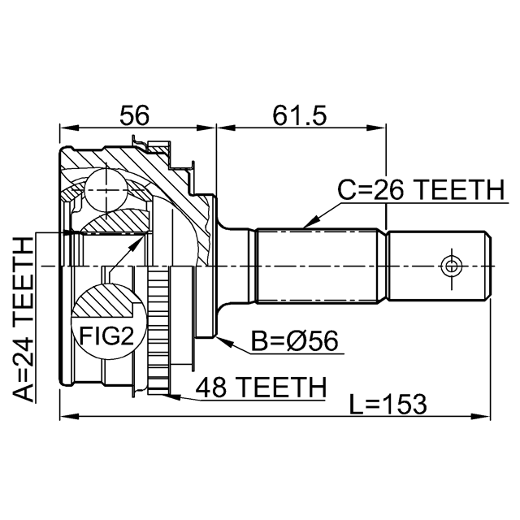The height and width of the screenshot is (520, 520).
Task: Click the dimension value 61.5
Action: (x=300, y=115)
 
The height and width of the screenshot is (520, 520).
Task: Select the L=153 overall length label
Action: (x=388, y=404)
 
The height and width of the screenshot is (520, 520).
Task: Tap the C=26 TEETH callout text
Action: (x=421, y=189)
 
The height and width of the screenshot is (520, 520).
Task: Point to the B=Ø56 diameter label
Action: (x=294, y=340)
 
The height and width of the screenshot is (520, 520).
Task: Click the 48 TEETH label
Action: (x=261, y=387)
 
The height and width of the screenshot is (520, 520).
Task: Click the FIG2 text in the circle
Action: (x=106, y=336)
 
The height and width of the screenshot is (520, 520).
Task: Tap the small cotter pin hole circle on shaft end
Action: (x=451, y=266)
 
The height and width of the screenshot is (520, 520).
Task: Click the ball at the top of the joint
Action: (x=106, y=189)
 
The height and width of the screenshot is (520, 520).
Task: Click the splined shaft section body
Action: (x=317, y=266)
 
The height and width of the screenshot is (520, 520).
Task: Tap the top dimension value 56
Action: (x=135, y=115)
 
